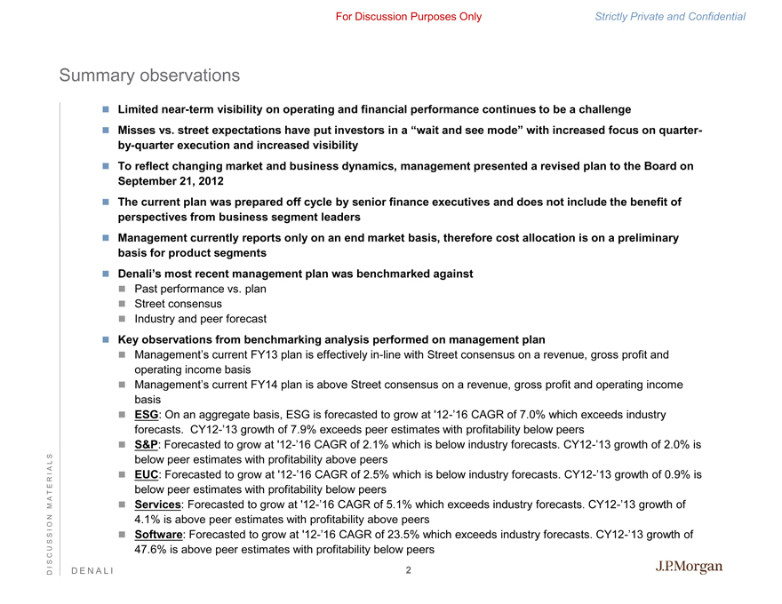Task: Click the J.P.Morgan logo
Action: click(x=690, y=568)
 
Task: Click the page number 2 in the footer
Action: click(x=409, y=570)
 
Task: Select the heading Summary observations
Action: click(x=149, y=76)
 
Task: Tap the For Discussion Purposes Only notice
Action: click(x=409, y=17)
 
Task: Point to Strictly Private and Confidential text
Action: click(x=671, y=17)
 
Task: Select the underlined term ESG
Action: click(x=147, y=415)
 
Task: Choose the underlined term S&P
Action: click(x=148, y=445)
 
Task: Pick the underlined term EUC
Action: click(x=148, y=475)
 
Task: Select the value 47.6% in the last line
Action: click(x=151, y=550)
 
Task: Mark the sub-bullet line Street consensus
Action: click(x=178, y=304)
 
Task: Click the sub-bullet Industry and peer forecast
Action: click(x=200, y=319)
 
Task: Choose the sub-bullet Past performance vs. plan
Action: click(x=200, y=289)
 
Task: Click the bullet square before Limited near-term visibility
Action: click(x=104, y=109)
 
